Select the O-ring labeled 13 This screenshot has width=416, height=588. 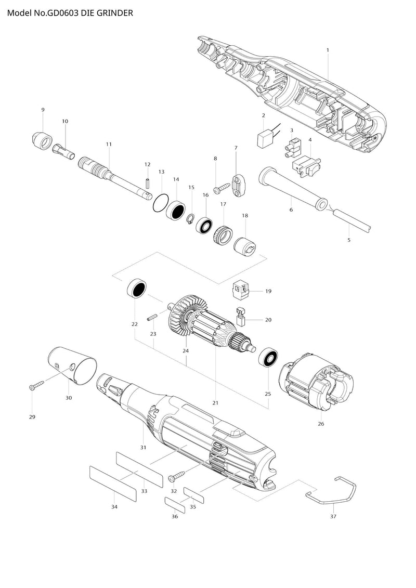pyautogui.click(x=161, y=203)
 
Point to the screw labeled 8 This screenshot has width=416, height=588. pyautogui.click(x=221, y=188)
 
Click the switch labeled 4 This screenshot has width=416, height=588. pyautogui.click(x=306, y=166)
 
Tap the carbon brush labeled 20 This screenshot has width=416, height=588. pyautogui.click(x=240, y=317)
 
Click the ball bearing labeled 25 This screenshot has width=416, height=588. pyautogui.click(x=267, y=357)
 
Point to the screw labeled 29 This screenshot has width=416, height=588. pyautogui.click(x=36, y=385)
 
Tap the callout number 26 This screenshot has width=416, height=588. pyautogui.click(x=321, y=424)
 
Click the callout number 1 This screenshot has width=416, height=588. pyautogui.click(x=328, y=50)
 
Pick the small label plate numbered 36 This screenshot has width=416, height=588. pyautogui.click(x=175, y=505)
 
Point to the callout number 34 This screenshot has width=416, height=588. pyautogui.click(x=114, y=506)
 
